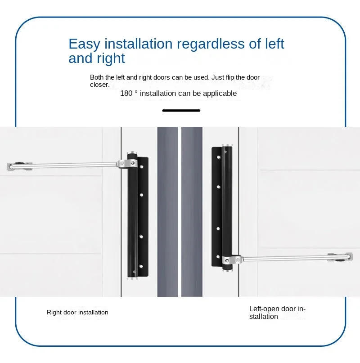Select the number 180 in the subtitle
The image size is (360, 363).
126,94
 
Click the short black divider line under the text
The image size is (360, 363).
181,110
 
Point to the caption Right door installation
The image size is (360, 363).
77,312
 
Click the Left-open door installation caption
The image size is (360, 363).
277,313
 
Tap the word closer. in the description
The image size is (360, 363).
99,85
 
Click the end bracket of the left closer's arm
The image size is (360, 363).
17,166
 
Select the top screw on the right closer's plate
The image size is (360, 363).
219,158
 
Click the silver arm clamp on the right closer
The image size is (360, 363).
231,260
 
